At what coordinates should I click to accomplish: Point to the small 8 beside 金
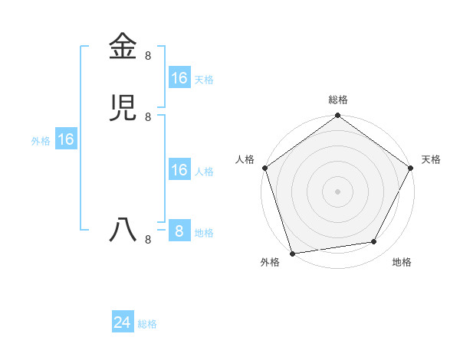(x=148, y=55)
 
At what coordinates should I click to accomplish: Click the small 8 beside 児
(x=148, y=116)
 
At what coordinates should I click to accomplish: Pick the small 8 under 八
(x=148, y=240)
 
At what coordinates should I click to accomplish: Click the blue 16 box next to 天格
(x=179, y=78)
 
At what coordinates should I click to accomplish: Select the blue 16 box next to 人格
(x=179, y=170)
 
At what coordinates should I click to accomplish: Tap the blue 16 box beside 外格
(x=66, y=139)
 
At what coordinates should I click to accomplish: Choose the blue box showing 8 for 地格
(x=179, y=231)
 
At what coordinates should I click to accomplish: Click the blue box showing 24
(x=123, y=323)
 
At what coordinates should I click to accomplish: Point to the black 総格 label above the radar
(x=338, y=100)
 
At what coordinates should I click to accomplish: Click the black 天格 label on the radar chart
(x=431, y=159)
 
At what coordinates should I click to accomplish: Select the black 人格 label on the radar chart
(x=245, y=159)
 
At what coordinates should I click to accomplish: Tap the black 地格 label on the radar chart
(x=402, y=262)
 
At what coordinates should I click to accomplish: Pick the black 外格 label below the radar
(x=270, y=262)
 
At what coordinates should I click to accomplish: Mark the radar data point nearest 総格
(x=338, y=116)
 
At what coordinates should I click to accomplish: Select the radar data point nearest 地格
(x=374, y=242)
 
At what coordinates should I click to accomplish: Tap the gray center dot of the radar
(x=338, y=191)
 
